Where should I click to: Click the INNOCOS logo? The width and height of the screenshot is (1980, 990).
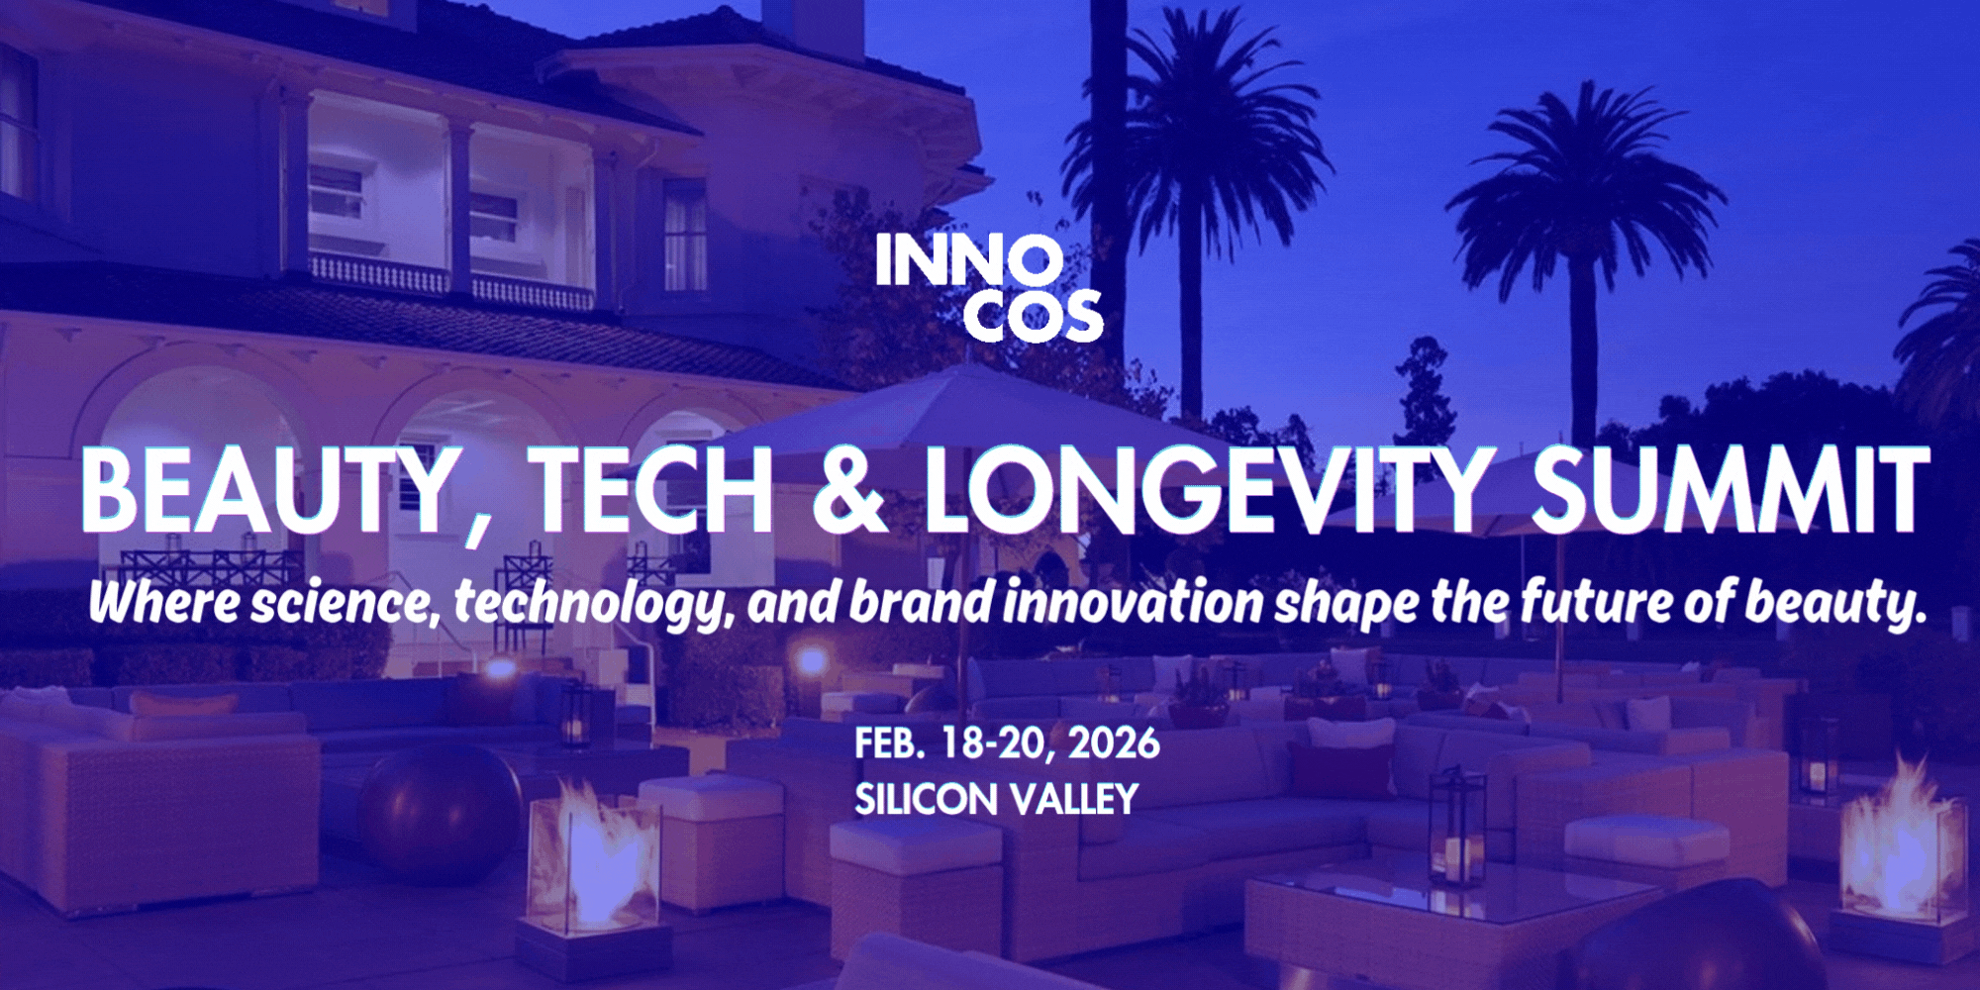click(x=988, y=288)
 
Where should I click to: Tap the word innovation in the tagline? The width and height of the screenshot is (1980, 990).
click(x=1134, y=603)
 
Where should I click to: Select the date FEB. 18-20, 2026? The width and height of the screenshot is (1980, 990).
click(x=1007, y=743)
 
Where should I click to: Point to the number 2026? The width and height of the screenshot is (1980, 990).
click(x=1114, y=743)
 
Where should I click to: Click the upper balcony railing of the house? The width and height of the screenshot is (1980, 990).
click(x=450, y=281)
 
